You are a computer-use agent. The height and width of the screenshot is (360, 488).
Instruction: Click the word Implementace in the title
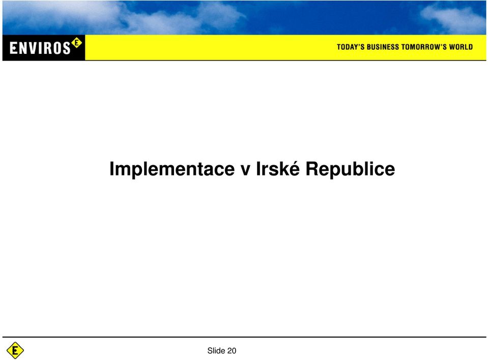172,169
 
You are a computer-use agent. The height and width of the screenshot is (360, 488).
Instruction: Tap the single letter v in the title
246,171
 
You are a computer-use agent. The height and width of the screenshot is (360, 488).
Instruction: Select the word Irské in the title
278,168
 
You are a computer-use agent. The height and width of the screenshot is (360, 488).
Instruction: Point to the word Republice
350,169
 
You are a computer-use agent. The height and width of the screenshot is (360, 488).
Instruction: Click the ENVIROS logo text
40,48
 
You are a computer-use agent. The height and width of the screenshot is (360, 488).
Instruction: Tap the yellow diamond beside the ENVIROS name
76,43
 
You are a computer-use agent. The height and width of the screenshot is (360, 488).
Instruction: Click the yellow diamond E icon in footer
15,350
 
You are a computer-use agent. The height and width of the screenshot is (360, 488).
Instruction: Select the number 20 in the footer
232,351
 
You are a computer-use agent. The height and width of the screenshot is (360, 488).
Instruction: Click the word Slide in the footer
216,351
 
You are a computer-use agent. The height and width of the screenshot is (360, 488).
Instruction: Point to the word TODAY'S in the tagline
351,47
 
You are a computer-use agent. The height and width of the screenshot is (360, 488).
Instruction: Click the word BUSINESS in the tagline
383,47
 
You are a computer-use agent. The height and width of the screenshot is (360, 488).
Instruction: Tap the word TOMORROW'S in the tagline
424,47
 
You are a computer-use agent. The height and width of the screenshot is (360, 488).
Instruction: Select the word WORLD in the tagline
461,47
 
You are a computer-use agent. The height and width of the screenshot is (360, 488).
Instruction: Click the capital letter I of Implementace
112,168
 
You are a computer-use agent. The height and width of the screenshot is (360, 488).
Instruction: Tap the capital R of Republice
312,168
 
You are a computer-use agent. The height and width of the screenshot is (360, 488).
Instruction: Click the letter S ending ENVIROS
66,48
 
